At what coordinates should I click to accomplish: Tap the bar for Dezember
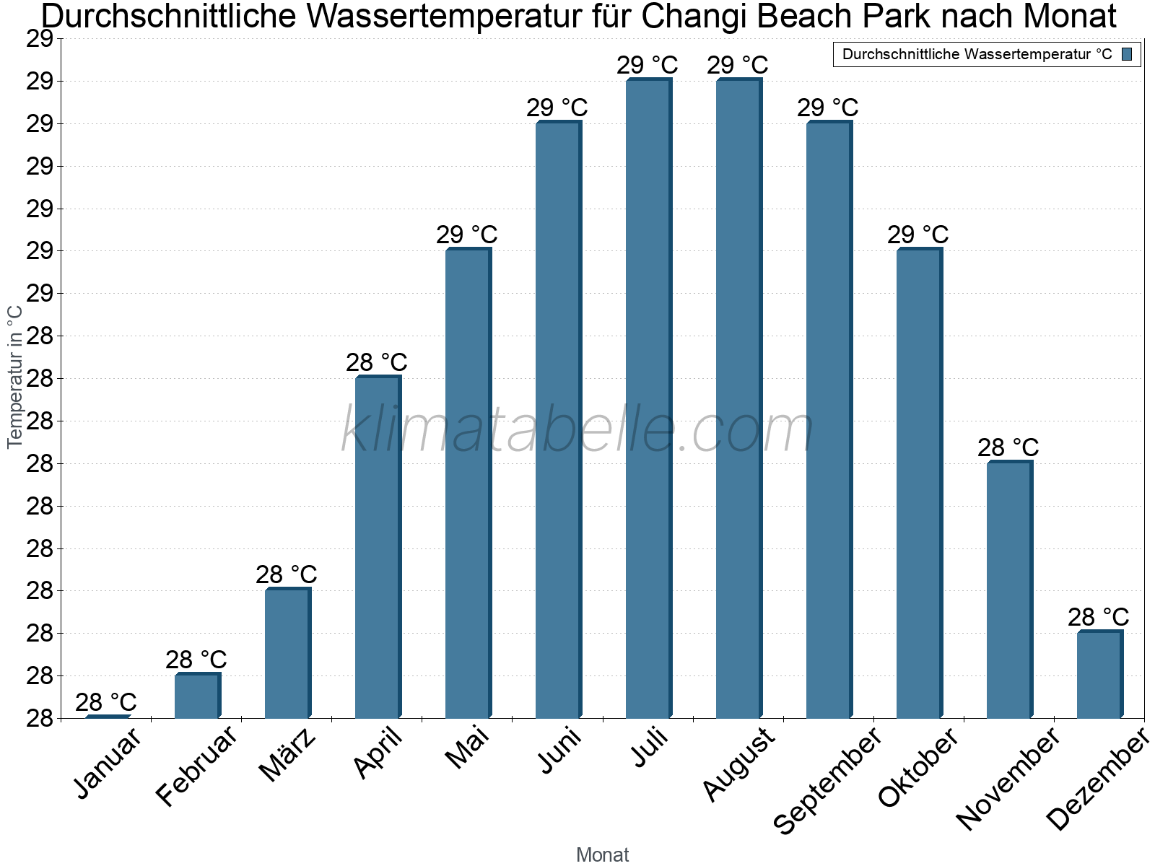click(x=1099, y=675)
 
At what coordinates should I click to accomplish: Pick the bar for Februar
click(x=197, y=696)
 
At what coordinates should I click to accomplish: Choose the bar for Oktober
click(x=919, y=484)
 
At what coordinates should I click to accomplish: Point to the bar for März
click(x=287, y=653)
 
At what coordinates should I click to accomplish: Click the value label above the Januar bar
click(x=106, y=702)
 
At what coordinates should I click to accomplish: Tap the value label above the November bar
click(x=1008, y=447)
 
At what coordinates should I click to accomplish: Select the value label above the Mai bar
click(x=467, y=235)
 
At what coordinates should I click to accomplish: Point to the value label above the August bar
click(x=738, y=65)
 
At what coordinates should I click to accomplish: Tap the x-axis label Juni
click(x=560, y=751)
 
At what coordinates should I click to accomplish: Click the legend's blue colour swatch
click(x=1127, y=54)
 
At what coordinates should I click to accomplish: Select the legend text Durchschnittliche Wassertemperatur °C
click(x=977, y=54)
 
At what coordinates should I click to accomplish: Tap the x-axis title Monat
click(x=603, y=855)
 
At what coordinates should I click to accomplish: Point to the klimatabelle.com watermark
click(x=577, y=430)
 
